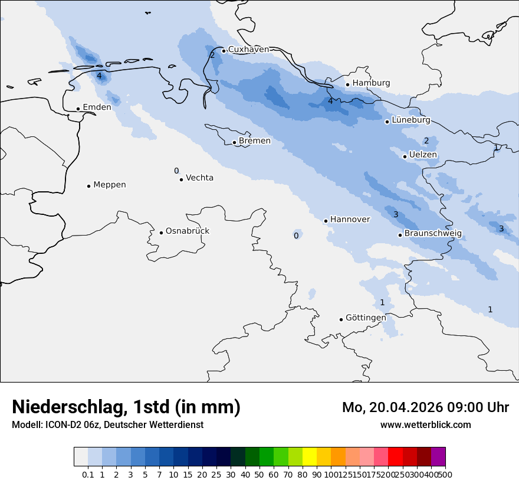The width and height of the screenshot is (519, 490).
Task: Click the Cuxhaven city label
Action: pyautogui.click(x=248, y=50)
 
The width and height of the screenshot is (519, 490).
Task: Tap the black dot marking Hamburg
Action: pyautogui.click(x=348, y=84)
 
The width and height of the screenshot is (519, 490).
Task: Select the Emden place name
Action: pyautogui.click(x=97, y=107)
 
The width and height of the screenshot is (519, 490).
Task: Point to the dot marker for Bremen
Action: pyautogui.click(x=234, y=142)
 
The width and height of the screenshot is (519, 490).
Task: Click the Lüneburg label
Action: pyautogui.click(x=411, y=120)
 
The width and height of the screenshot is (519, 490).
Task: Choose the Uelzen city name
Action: pyautogui.click(x=423, y=155)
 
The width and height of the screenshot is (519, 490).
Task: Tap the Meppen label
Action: pyautogui.click(x=110, y=185)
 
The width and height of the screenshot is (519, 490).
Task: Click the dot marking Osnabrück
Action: pyautogui.click(x=161, y=233)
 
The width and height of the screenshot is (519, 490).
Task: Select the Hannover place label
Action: pyautogui.click(x=350, y=220)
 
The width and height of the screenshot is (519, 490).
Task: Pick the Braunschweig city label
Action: pyautogui.click(x=433, y=233)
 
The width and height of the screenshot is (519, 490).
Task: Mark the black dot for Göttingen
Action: pyautogui.click(x=341, y=319)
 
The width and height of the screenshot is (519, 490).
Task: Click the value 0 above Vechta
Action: pyautogui.click(x=176, y=171)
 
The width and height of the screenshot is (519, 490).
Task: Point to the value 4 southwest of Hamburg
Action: pyautogui.click(x=330, y=101)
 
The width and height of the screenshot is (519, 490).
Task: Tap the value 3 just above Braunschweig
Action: pyautogui.click(x=396, y=214)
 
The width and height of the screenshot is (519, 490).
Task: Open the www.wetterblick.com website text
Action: pyautogui.click(x=425, y=424)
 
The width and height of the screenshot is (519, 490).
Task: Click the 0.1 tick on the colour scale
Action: pyautogui.click(x=88, y=474)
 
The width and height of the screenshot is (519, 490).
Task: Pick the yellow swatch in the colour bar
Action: pyautogui.click(x=310, y=457)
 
